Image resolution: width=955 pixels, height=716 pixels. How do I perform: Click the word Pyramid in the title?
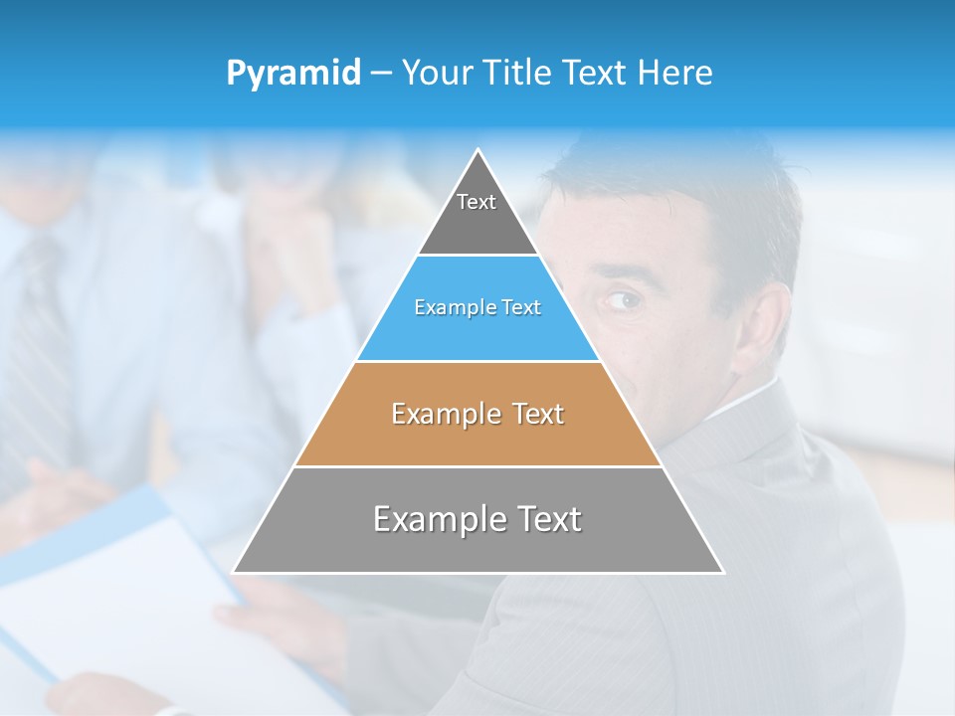point(293,74)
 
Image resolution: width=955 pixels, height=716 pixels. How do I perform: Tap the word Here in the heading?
point(675,74)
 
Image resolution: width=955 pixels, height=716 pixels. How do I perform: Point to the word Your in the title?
point(436,74)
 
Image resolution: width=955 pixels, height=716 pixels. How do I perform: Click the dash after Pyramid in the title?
point(380,74)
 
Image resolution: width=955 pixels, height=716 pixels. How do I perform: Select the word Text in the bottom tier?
point(545,520)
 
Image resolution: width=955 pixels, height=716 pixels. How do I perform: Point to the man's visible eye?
point(620,299)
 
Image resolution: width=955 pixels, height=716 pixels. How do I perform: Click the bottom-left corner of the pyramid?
point(234,572)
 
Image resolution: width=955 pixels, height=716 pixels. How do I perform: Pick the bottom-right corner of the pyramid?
point(722,572)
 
